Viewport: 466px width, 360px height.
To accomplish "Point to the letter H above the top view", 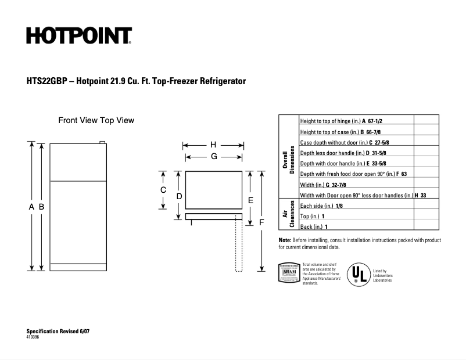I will click(x=213, y=145).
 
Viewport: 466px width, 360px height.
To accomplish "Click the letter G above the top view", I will click(x=214, y=156).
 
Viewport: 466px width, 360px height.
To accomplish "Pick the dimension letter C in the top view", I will click(x=163, y=190).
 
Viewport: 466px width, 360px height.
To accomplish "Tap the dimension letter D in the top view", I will click(x=180, y=196).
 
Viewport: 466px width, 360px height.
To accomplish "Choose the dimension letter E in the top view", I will click(x=250, y=200).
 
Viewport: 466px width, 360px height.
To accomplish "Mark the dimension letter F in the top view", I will click(x=261, y=222).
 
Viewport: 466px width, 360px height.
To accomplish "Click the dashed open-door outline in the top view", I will click(x=238, y=244).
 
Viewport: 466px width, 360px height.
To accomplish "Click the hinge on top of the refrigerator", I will click(x=102, y=142).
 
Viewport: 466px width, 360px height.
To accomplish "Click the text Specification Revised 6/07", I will click(x=58, y=331).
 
